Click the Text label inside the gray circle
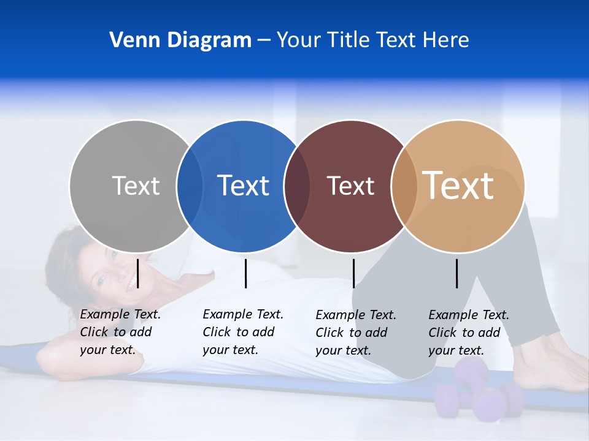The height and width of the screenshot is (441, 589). pyautogui.click(x=136, y=186)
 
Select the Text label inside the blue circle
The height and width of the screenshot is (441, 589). pyautogui.click(x=243, y=186)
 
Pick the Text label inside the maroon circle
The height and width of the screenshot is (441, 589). pyautogui.click(x=350, y=186)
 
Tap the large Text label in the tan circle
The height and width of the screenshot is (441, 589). pyautogui.click(x=458, y=185)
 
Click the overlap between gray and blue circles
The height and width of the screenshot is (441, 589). pyautogui.click(x=190, y=186)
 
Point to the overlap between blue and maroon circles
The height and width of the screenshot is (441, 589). pyautogui.click(x=297, y=186)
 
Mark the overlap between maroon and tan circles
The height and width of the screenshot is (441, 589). pyautogui.click(x=404, y=186)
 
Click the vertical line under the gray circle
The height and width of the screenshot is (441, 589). pyautogui.click(x=138, y=273)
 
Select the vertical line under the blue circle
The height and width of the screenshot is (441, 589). pyautogui.click(x=245, y=273)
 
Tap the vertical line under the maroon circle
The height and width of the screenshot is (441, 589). pyautogui.click(x=353, y=273)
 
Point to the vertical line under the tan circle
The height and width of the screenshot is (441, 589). pyautogui.click(x=456, y=273)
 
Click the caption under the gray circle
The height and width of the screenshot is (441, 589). pyautogui.click(x=120, y=332)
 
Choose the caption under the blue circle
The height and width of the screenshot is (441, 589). pyautogui.click(x=242, y=332)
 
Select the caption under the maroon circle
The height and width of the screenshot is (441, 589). pyautogui.click(x=355, y=333)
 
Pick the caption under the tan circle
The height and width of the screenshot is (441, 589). pyautogui.click(x=468, y=333)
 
